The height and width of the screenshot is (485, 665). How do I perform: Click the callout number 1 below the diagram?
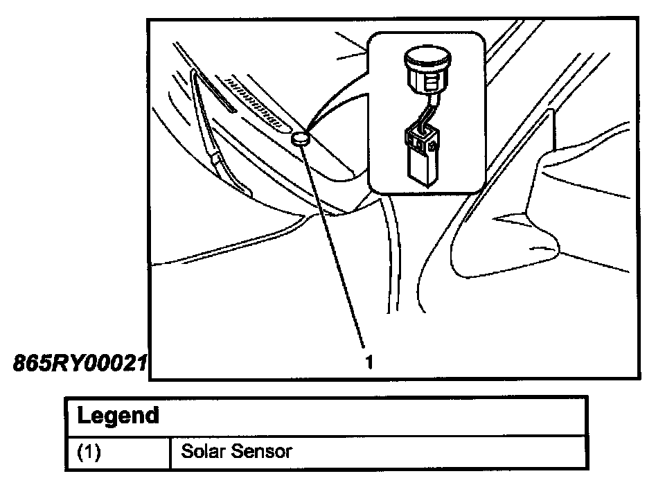369,361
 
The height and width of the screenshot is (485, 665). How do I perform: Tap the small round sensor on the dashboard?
300,138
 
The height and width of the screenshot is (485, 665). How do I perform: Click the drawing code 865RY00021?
80,363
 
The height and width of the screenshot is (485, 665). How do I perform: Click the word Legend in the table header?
118,416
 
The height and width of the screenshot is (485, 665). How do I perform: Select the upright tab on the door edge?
551,128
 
